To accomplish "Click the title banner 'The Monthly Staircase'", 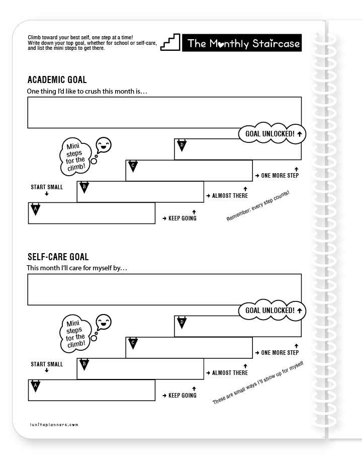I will pyautogui.click(x=243, y=43).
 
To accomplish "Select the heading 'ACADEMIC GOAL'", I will pyautogui.click(x=57, y=80).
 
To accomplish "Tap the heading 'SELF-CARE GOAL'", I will pyautogui.click(x=58, y=257).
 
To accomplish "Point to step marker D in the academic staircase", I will pyautogui.click(x=182, y=145).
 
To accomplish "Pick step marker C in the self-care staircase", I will pyautogui.click(x=133, y=343).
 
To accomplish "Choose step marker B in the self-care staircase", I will pyautogui.click(x=84, y=364).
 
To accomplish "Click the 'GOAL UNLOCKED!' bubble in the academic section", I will pyautogui.click(x=272, y=133).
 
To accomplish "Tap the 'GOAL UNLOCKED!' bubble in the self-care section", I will pyautogui.click(x=272, y=311).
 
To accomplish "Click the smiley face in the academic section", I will pyautogui.click(x=103, y=145).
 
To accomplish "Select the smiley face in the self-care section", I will pyautogui.click(x=103, y=322).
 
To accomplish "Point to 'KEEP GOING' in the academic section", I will pyautogui.click(x=179, y=218).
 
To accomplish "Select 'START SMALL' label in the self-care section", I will pyautogui.click(x=47, y=364).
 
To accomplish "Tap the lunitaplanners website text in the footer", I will pyautogui.click(x=53, y=425).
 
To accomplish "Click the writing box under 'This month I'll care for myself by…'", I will pyautogui.click(x=164, y=289).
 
